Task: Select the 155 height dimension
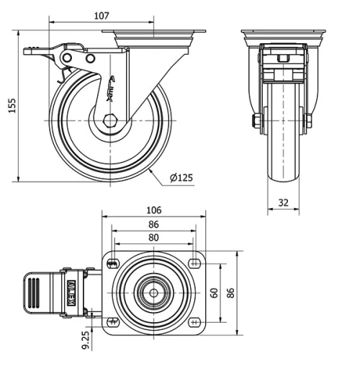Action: pos(10,105)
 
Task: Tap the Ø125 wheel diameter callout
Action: pos(181,177)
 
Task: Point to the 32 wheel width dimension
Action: pos(283,203)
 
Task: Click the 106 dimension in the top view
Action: pos(153,210)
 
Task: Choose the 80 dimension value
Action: pos(153,237)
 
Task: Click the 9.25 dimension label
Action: pos(86,340)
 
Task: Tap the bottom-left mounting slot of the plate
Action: pos(112,321)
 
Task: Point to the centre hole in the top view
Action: pos(153,293)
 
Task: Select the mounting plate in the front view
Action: pos(283,33)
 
